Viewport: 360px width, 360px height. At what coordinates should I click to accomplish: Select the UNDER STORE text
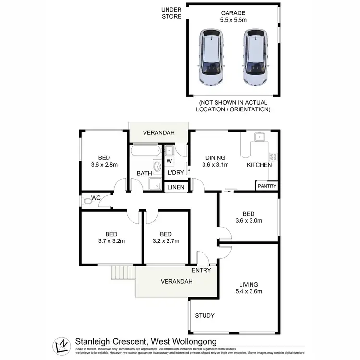pyautogui.click(x=171, y=13)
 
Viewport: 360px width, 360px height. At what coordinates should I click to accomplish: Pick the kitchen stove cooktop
pyautogui.click(x=273, y=156)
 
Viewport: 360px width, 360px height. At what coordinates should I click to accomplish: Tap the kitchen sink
pyautogui.click(x=260, y=137)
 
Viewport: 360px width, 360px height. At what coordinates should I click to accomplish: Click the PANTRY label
pyautogui.click(x=266, y=186)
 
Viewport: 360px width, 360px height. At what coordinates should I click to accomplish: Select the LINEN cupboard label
pyautogui.click(x=176, y=187)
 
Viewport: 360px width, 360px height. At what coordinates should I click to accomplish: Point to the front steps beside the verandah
pyautogui.click(x=120, y=273)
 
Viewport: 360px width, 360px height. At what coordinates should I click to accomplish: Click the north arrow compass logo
pyautogui.click(x=62, y=345)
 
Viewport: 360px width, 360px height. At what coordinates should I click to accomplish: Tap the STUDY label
pyautogui.click(x=204, y=315)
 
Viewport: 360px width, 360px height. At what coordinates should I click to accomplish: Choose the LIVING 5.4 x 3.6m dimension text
pyautogui.click(x=248, y=287)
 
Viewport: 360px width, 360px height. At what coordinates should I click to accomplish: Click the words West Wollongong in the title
pyautogui.click(x=184, y=341)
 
